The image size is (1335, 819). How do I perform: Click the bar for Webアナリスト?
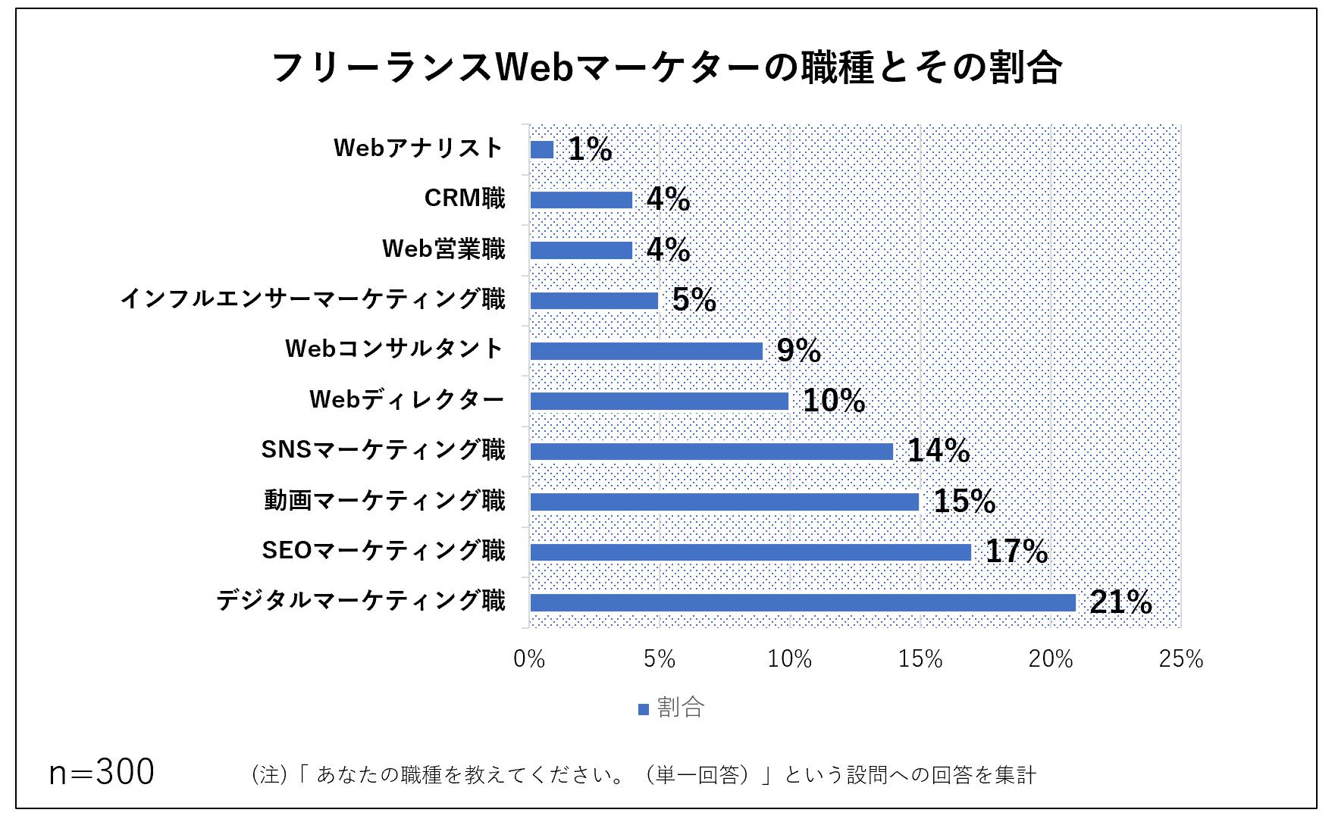click(x=542, y=150)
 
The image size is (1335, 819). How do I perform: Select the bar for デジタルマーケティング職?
click(x=802, y=603)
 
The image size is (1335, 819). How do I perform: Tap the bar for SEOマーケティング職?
click(x=751, y=552)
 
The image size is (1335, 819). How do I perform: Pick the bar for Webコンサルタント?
click(x=646, y=351)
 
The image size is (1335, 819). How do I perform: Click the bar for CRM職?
click(x=581, y=200)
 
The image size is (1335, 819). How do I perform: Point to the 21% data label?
click(x=1120, y=602)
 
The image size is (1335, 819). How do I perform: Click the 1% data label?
click(x=590, y=149)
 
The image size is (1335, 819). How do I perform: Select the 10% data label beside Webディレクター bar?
click(x=834, y=401)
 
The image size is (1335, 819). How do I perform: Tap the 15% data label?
click(x=964, y=502)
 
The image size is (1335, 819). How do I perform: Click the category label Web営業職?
click(x=443, y=249)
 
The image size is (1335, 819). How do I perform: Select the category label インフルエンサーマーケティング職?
click(x=312, y=300)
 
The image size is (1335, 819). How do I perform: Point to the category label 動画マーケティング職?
click(x=384, y=501)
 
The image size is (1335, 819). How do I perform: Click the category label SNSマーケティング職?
click(x=383, y=451)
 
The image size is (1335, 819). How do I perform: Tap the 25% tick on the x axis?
click(x=1180, y=660)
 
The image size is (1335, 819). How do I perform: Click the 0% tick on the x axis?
click(x=529, y=660)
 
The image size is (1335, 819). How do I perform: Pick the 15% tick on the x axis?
click(x=920, y=660)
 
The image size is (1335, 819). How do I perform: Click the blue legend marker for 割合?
click(x=644, y=710)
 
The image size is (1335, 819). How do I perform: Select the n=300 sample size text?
click(x=102, y=773)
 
